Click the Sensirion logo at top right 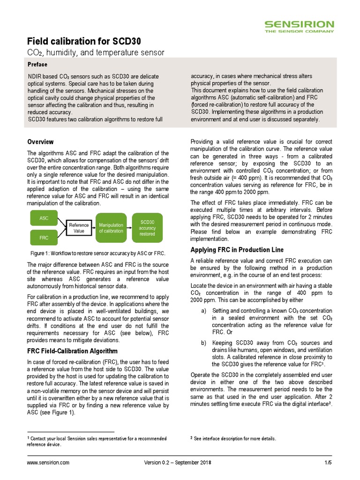coord(299,26)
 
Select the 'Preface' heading coord(37,64)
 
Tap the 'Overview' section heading coord(40,142)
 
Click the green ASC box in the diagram coord(44,218)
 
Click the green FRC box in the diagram coord(44,238)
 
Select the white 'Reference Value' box coord(79,228)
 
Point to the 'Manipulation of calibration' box coord(111,228)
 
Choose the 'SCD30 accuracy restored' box coord(148,228)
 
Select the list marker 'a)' coord(203,311)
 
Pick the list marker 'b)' coord(203,343)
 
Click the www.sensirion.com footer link coord(48,463)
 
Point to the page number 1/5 coord(328,463)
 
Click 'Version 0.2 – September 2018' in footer coord(178,463)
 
